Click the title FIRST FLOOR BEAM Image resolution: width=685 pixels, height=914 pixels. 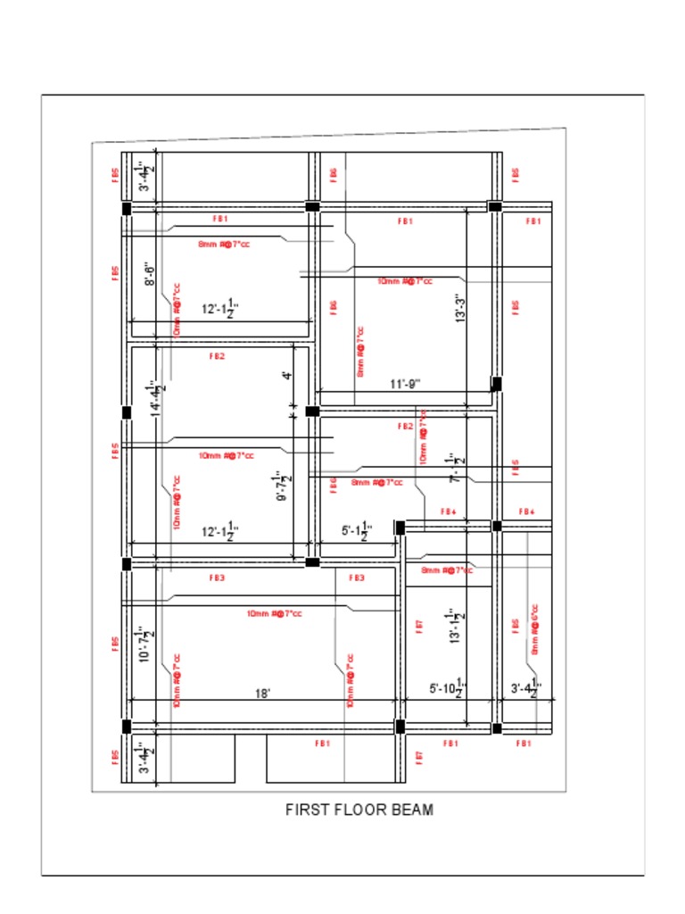[x=359, y=810]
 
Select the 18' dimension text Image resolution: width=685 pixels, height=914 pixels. [x=262, y=693]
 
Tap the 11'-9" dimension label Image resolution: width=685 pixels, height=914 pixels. [x=405, y=385]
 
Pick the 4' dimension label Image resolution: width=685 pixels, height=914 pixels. [x=286, y=376]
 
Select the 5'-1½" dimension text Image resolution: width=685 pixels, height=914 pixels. [x=357, y=531]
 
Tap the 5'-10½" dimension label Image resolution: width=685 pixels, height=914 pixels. [x=449, y=688]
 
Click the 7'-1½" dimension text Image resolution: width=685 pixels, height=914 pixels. [x=457, y=467]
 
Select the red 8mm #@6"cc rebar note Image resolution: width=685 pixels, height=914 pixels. [x=535, y=629]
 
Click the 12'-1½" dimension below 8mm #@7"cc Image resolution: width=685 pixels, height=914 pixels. [x=219, y=309]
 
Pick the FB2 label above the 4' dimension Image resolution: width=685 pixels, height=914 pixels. [x=217, y=356]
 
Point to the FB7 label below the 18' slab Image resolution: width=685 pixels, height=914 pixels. [x=419, y=757]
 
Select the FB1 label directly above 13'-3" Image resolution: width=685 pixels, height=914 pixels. [x=405, y=220]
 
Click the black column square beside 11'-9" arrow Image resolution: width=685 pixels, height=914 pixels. [x=497, y=384]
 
